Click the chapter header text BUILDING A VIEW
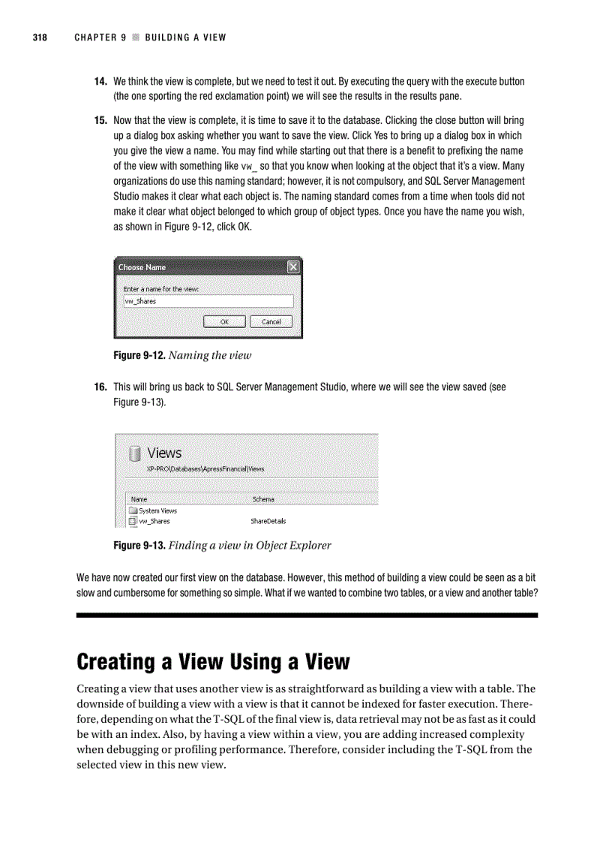pos(185,38)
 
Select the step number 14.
pos(99,81)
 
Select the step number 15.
pos(99,120)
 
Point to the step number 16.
pos(99,387)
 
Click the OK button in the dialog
pos(224,322)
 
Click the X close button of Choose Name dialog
pos(293,267)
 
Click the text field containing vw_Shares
pos(208,302)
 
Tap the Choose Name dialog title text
pos(142,267)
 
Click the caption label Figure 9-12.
pos(139,355)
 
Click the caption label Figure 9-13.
pos(139,546)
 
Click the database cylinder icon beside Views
pos(134,453)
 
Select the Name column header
pos(139,499)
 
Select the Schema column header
pos(263,499)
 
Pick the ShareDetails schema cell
pos(268,521)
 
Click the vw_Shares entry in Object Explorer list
pos(154,521)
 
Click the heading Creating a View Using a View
pos(213,661)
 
